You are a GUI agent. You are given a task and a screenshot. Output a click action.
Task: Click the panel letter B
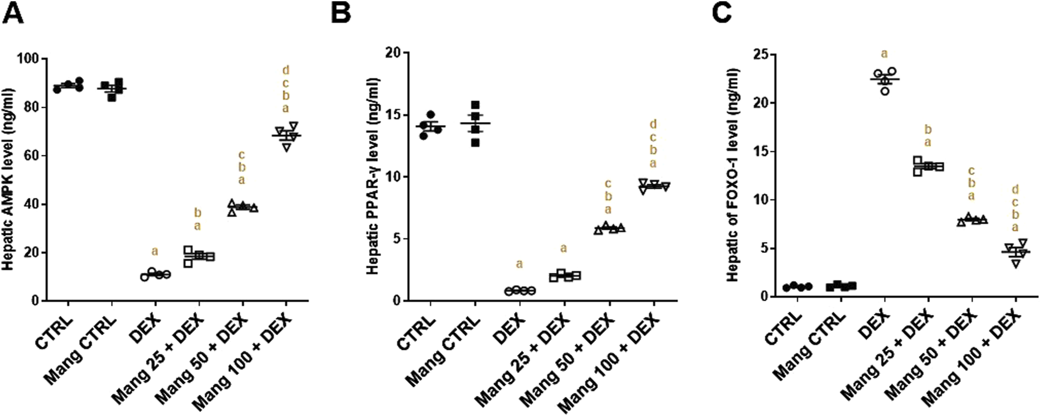tap(341, 13)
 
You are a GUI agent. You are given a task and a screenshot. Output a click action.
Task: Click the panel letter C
tap(721, 13)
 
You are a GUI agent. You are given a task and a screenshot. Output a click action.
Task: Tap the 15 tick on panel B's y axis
tap(392, 114)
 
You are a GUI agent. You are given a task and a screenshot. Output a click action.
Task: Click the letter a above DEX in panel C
tap(884, 55)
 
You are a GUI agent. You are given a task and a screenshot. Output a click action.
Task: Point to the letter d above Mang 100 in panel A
tap(286, 70)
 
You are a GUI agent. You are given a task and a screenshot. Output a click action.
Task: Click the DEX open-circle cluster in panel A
tap(155, 274)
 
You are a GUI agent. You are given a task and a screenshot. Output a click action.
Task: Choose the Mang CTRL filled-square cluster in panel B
tap(475, 123)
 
